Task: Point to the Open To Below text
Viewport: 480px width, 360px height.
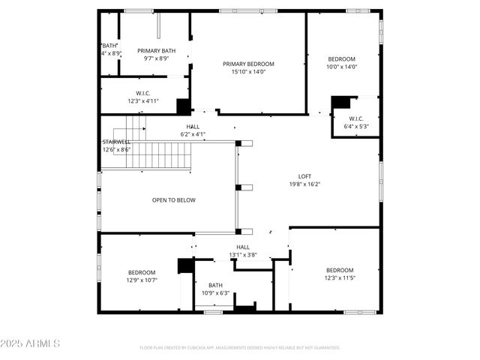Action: coord(173,200)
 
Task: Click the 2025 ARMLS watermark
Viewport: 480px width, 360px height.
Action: coord(31,343)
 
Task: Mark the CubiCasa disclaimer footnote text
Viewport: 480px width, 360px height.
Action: coord(239,348)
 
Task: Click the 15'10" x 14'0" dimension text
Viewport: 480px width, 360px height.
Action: coord(248,72)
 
